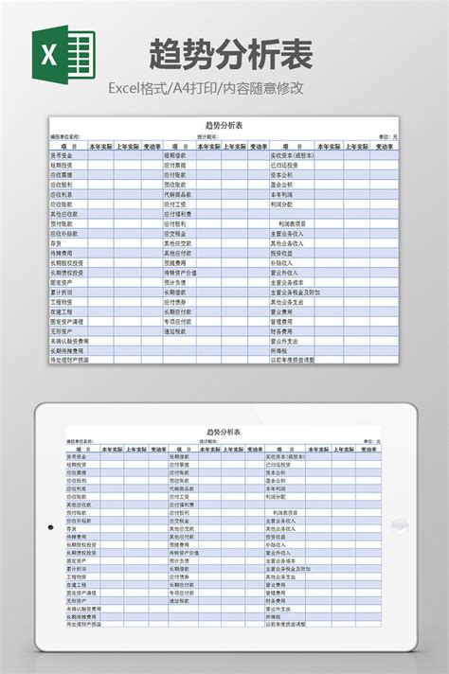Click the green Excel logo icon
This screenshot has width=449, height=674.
64,56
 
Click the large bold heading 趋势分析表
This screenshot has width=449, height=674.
231,55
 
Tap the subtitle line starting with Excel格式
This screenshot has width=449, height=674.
206,88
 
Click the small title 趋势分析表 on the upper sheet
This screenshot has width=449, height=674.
224,125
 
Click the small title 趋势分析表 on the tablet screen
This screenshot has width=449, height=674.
224,432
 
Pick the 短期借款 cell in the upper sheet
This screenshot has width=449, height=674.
177,155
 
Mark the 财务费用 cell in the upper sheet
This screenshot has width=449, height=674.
283,331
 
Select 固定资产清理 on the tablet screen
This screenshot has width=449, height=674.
81,592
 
